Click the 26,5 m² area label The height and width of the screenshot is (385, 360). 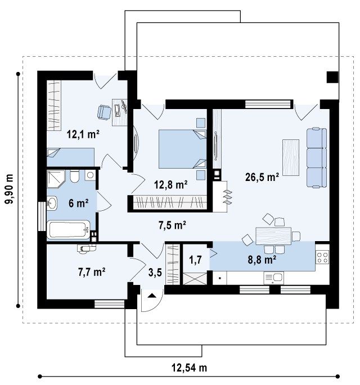[x=262, y=177]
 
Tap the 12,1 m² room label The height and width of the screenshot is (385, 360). [x=83, y=134]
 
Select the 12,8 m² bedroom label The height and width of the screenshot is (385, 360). [x=171, y=184]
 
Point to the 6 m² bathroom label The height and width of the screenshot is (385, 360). [x=78, y=203]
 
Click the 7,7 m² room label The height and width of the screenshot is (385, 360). [x=92, y=272]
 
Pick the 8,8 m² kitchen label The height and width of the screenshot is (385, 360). [x=262, y=260]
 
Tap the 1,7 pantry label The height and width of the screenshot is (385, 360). [x=195, y=260]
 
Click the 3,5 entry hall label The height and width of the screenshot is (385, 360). [x=155, y=272]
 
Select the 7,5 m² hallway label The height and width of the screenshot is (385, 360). [x=172, y=225]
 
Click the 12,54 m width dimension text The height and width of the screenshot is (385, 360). [x=189, y=368]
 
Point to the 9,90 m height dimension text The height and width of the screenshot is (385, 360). [x=10, y=189]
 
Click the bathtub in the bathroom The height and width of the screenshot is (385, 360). [x=69, y=230]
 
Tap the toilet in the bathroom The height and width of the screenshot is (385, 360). [x=74, y=176]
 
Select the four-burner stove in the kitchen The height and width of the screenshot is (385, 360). [x=322, y=257]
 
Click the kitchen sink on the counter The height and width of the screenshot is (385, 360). [x=274, y=278]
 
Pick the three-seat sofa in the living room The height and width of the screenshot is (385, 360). [x=317, y=157]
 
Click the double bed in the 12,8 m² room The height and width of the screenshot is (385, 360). [x=182, y=149]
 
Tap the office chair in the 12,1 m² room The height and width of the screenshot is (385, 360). [x=104, y=112]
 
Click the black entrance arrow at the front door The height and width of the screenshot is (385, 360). [x=152, y=296]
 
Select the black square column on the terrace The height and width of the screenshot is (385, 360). [x=332, y=77]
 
